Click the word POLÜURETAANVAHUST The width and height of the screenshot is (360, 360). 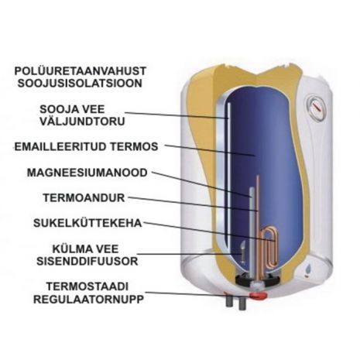click(81, 71)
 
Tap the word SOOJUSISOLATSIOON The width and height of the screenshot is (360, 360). click(80, 84)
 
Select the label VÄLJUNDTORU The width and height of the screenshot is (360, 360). click(82, 122)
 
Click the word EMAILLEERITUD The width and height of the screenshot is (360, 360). click(60, 146)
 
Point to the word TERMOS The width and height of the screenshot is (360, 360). click(135, 146)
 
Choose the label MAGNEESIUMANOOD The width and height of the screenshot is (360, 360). click(87, 173)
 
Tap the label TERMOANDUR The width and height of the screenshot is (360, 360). click(84, 198)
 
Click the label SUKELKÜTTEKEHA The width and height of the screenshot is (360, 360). click(87, 222)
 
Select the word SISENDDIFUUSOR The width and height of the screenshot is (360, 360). click(87, 261)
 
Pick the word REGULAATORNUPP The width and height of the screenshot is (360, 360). click(88, 300)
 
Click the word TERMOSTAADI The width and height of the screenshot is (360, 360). click(87, 286)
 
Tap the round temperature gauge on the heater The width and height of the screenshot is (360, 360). click(316, 108)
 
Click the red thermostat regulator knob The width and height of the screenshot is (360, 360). click(258, 296)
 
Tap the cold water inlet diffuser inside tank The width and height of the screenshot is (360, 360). click(243, 252)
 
